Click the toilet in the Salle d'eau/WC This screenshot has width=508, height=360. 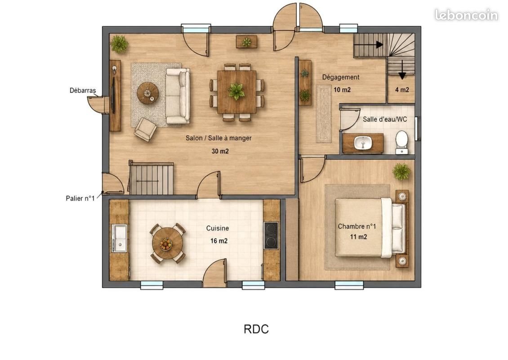click(402, 142)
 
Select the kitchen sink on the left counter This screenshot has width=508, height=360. click(120, 238)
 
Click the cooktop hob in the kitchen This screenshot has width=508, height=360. click(271, 235)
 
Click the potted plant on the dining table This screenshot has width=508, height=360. click(236, 91)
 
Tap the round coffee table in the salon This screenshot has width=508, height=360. click(147, 93)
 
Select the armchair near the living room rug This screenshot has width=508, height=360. click(146, 130)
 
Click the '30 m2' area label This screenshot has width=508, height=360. click(220, 151)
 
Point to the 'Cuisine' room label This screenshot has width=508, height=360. click(218, 228)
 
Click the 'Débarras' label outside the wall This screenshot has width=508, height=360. click(83, 90)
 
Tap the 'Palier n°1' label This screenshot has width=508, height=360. click(80, 198)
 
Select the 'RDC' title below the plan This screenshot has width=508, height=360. click(256, 329)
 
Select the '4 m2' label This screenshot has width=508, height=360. click(402, 90)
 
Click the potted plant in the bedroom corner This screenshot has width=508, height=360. click(401, 171)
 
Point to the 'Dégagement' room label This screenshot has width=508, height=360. click(340, 77)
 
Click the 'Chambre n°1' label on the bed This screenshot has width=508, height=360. click(357, 226)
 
